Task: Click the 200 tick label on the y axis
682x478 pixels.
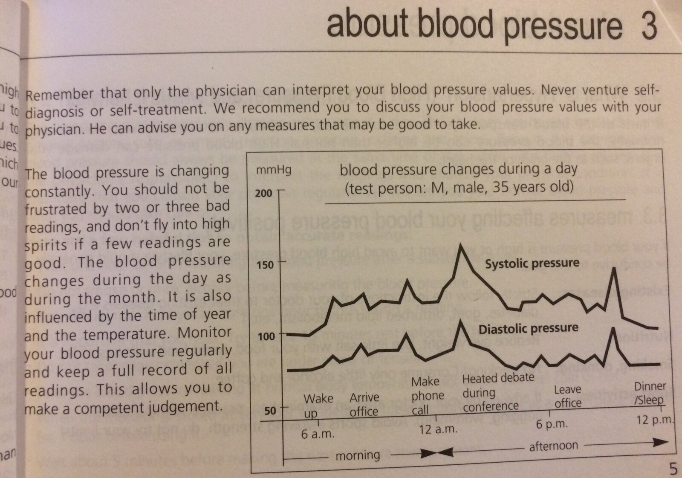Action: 263,194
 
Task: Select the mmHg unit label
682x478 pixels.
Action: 273,170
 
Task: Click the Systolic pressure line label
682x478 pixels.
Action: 532,263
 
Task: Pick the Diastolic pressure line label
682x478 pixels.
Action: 529,329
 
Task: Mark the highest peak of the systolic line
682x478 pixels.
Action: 460,245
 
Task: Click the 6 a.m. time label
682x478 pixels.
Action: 318,435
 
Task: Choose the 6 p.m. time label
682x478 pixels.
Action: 552,424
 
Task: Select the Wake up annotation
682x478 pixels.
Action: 318,406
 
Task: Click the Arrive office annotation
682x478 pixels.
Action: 364,404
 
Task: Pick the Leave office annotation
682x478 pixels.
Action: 567,396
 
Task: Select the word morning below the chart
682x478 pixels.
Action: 358,455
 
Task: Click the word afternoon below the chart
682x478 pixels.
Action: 553,446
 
